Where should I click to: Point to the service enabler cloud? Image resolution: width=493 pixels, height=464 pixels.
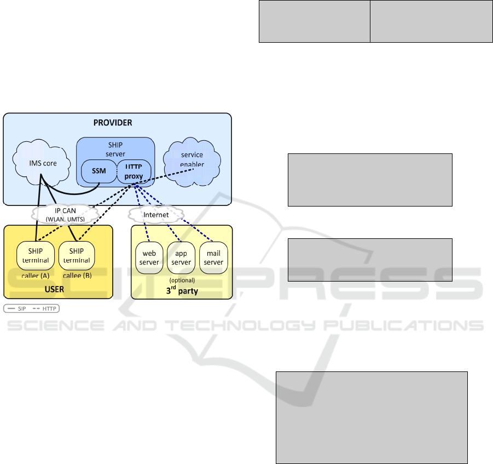[x=192, y=159]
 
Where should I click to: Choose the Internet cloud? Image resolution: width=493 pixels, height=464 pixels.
[x=156, y=214]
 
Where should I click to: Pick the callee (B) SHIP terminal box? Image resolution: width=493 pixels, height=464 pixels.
[x=77, y=255]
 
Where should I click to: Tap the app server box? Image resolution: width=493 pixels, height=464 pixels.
[x=181, y=257]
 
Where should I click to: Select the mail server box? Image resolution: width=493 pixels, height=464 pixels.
[x=213, y=257]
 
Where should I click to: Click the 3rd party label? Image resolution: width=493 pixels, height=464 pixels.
[x=182, y=290]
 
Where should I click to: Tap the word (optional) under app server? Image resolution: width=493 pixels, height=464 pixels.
[x=181, y=280]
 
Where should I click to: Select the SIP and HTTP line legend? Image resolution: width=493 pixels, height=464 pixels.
[x=32, y=308]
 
